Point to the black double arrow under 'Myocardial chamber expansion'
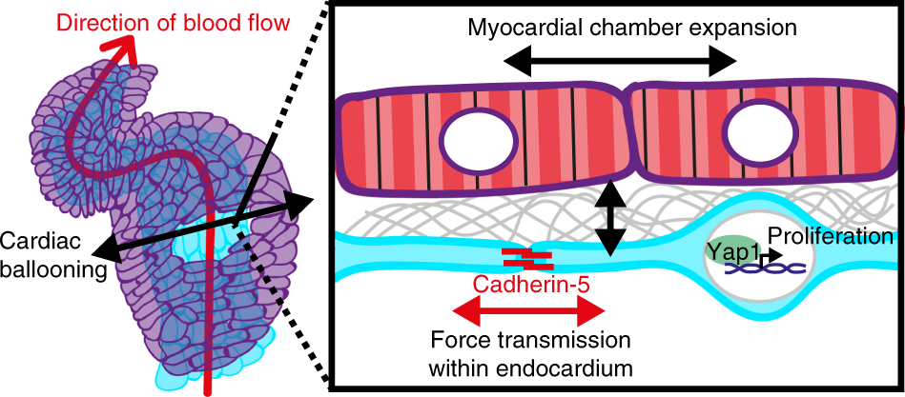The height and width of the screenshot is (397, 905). pos(620,63)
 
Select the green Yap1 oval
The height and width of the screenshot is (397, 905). pos(730,251)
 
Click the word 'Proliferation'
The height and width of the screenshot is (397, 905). pos(830,236)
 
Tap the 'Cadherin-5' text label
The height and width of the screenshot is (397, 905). pos(527,282)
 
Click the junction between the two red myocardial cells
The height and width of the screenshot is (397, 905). pos(628,134)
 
